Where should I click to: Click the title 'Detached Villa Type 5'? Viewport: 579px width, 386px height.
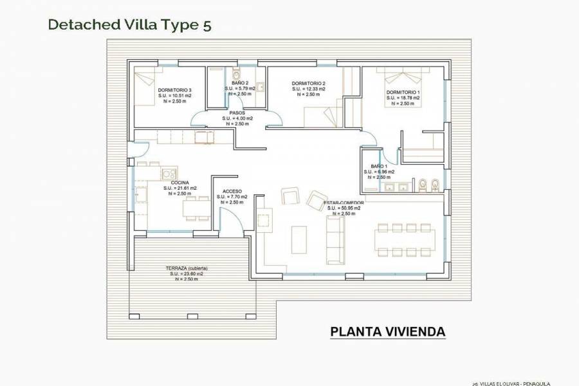point(129,25)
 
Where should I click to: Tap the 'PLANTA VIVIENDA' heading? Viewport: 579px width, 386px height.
point(387,332)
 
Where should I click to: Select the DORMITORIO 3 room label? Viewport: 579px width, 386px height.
point(174,90)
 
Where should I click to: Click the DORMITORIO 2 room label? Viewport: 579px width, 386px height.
point(308,84)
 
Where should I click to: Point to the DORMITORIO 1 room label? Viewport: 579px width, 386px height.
point(403,93)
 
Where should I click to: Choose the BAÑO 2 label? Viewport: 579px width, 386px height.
point(240,83)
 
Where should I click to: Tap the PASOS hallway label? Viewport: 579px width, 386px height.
point(237,113)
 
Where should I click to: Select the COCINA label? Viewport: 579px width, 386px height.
point(179,183)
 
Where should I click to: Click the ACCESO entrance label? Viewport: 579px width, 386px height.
point(232,192)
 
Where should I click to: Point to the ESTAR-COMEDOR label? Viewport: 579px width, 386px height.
point(344,203)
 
